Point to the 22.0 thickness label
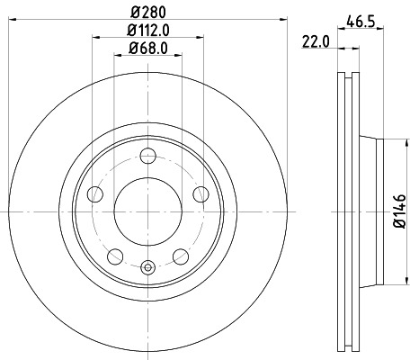pyautogui.click(x=314, y=40)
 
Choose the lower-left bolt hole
pyautogui.click(x=114, y=256)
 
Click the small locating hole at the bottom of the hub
pyautogui.click(x=148, y=265)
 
